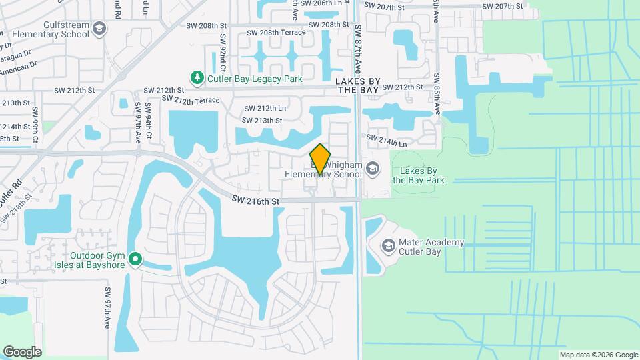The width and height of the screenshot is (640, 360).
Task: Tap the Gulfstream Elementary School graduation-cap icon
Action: click(x=99, y=28)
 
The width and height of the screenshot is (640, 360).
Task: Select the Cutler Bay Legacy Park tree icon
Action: click(x=197, y=79)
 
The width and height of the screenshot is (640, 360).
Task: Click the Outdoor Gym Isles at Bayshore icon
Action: click(x=135, y=259)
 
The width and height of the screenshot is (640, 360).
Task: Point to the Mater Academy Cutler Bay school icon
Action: click(x=387, y=247)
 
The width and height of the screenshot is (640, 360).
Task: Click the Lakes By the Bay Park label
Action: click(x=418, y=175)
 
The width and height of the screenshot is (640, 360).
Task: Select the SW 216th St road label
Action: click(x=255, y=199)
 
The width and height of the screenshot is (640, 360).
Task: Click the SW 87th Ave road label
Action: click(x=358, y=49)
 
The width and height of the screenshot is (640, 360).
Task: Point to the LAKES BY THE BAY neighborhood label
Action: click(x=358, y=86)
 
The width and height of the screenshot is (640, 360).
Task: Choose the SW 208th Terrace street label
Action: click(x=275, y=33)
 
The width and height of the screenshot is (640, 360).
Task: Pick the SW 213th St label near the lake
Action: click(x=262, y=121)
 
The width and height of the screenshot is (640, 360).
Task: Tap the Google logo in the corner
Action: click(x=22, y=351)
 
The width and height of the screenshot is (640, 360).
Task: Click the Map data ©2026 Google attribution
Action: click(x=598, y=355)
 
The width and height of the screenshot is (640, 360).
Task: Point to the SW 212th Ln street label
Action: click(x=265, y=108)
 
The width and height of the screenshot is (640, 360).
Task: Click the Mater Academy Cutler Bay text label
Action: click(x=431, y=247)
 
